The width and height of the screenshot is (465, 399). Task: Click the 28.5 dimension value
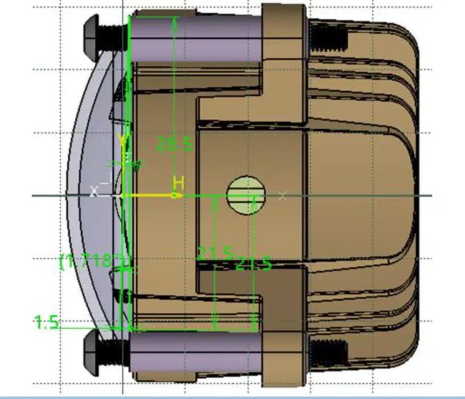point(175,145)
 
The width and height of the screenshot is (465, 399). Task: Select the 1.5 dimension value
point(47,323)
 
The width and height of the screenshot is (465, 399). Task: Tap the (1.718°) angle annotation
point(92,261)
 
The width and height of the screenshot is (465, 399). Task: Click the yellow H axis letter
point(179,184)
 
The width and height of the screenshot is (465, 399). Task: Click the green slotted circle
point(246,195)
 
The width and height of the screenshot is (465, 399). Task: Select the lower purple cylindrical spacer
point(196,349)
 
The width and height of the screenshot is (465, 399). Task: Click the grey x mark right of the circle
point(282,196)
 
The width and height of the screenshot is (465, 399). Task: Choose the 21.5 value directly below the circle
point(253,264)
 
